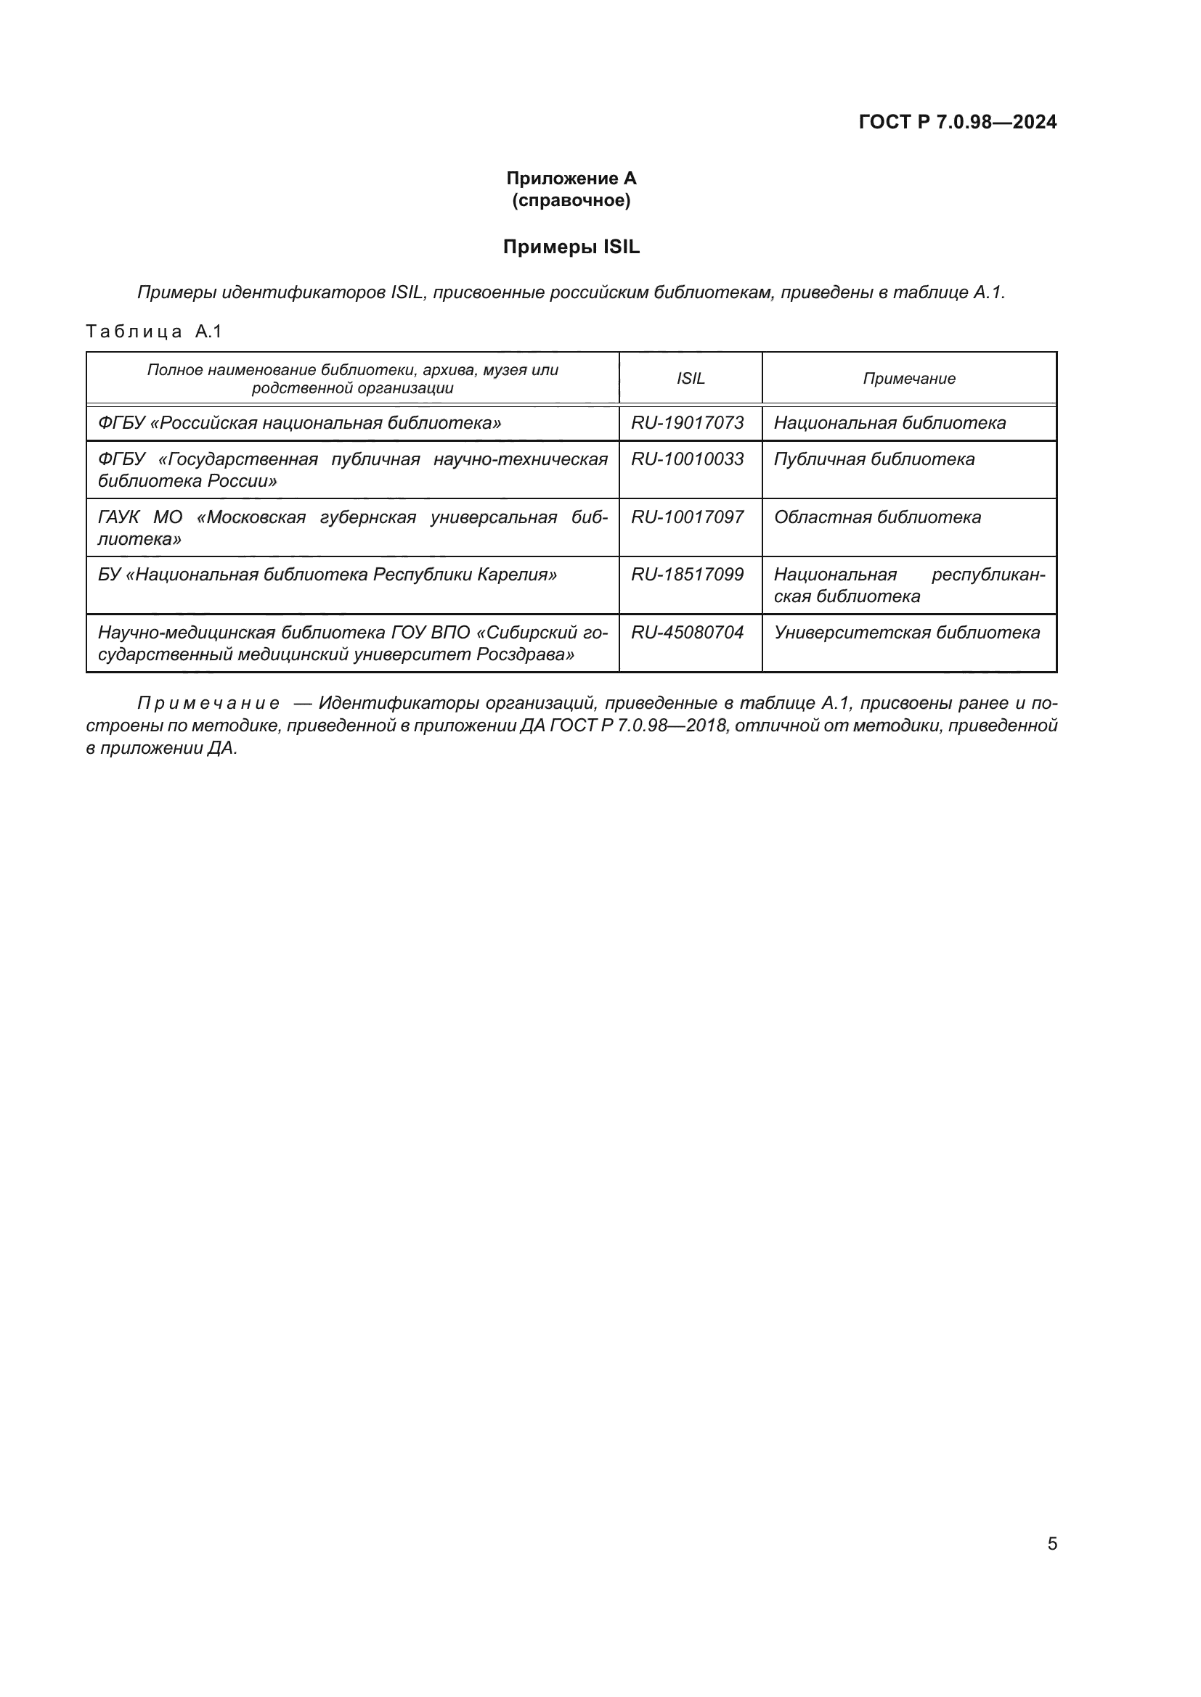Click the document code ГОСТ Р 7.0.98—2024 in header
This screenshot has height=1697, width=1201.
point(957,122)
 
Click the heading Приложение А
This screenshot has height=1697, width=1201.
point(571,178)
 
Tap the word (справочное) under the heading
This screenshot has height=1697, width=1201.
point(571,200)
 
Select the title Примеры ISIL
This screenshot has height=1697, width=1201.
point(571,247)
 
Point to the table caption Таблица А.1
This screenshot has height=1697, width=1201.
point(154,331)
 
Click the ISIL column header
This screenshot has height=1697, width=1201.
point(690,379)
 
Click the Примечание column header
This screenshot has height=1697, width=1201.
point(908,379)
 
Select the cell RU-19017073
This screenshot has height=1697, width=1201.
point(687,423)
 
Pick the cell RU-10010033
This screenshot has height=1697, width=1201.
point(687,459)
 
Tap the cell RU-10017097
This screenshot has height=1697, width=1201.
point(687,517)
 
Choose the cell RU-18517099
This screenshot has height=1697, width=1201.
point(687,575)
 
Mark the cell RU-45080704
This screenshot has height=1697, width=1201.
point(687,632)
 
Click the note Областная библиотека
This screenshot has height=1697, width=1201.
point(877,517)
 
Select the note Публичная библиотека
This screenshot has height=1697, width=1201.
point(874,459)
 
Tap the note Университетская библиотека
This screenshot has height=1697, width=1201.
point(907,632)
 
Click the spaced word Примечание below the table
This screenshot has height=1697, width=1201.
point(208,703)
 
